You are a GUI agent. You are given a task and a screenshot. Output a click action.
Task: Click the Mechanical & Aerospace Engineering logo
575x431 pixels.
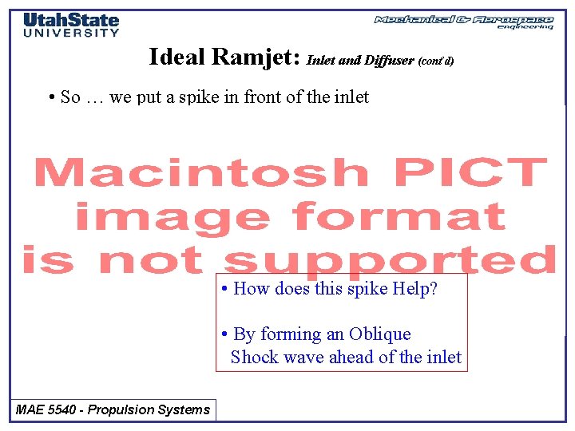464,22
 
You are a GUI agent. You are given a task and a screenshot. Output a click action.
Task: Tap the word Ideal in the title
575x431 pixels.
177,57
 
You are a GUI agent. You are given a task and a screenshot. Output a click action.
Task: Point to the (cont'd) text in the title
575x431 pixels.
436,61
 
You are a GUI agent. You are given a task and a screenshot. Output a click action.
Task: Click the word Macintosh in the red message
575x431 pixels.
200,172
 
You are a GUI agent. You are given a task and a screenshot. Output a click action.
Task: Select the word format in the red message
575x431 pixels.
399,216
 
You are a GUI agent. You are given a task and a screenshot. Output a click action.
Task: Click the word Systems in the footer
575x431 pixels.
186,410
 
